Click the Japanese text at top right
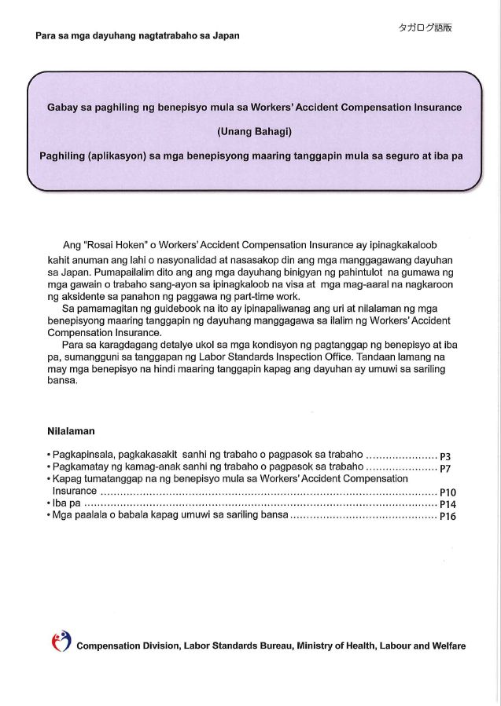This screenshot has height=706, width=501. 425,27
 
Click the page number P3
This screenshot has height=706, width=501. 444,456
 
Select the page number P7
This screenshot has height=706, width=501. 444,468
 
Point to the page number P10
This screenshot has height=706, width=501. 448,492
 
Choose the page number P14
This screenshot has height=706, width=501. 448,504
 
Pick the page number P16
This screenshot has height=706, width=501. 448,517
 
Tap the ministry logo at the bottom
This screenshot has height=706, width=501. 61,642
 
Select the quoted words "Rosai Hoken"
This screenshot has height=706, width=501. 115,245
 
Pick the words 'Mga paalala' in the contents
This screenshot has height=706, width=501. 76,516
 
